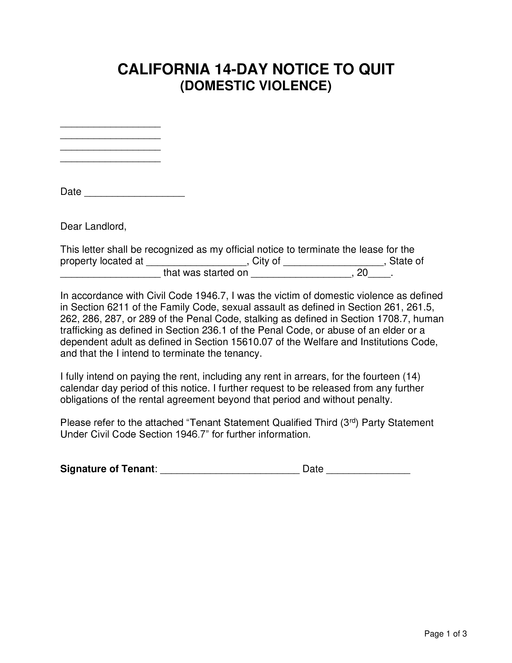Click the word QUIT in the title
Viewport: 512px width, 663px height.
tap(376, 70)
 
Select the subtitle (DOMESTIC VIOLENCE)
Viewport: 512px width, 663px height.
tap(256, 86)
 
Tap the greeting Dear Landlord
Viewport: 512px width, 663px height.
tap(93, 226)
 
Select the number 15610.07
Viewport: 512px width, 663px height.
tap(252, 342)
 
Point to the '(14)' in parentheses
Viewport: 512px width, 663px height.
tap(411, 377)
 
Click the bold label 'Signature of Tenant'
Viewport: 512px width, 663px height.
tap(107, 469)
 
